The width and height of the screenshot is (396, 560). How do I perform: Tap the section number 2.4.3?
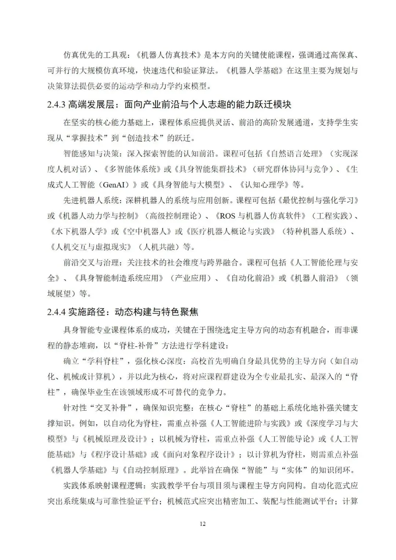tap(56, 105)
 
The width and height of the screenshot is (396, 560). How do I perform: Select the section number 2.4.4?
tap(56, 312)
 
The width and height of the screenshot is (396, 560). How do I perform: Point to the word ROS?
tap(227, 216)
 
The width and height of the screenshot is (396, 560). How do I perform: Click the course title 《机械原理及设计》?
tap(117, 439)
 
